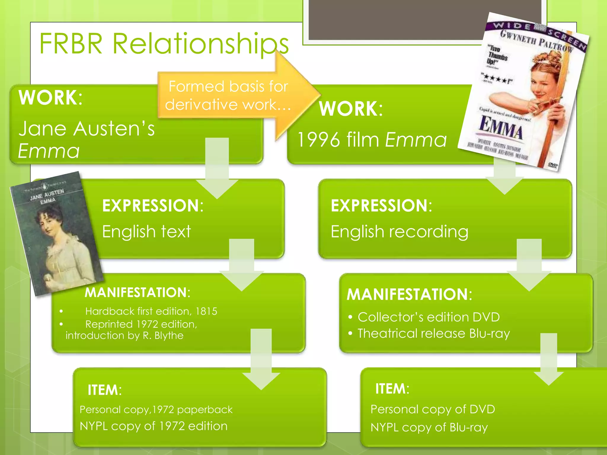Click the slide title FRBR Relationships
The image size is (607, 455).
(164, 44)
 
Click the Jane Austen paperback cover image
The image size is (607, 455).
(56, 234)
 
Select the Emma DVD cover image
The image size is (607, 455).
(523, 92)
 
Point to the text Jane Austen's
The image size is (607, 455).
(87, 129)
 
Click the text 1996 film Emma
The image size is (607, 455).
(372, 140)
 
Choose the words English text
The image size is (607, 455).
(146, 231)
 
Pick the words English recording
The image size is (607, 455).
(399, 231)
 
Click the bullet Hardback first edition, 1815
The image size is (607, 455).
(151, 311)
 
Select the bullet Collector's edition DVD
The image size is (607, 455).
(429, 317)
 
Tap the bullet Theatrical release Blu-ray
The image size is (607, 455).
(434, 334)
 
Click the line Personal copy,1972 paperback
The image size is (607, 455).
(156, 410)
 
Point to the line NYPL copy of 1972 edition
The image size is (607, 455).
(154, 426)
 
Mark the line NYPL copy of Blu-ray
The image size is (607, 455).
(429, 427)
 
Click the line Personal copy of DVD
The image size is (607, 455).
(433, 409)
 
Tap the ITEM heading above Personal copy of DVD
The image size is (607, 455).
(392, 389)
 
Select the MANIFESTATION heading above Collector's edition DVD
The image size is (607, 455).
(409, 294)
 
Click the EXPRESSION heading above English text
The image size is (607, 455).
(153, 206)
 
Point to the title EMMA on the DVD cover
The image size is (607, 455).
(501, 127)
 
